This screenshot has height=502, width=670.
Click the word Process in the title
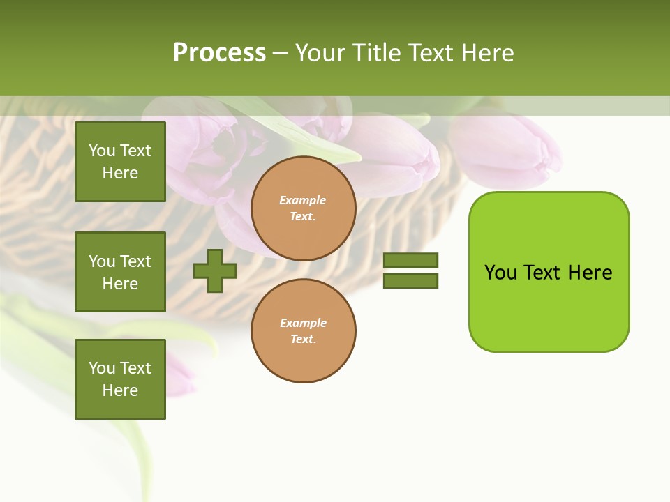pos(219,53)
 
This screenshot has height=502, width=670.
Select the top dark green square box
pos(120,162)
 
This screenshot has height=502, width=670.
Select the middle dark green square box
pos(120,272)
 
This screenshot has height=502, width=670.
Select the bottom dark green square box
pos(120,379)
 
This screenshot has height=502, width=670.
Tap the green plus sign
pos(215,271)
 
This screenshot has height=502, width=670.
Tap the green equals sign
pos(410,271)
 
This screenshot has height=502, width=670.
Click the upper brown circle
pos(304,208)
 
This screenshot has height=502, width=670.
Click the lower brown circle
pos(304,331)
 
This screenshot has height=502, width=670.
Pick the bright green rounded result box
pos(549,272)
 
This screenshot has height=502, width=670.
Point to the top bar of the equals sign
pos(410,260)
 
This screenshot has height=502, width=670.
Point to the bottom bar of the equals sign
pos(410,281)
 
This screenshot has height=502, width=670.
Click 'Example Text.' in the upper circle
pos(303,208)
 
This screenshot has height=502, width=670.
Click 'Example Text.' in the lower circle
pos(303,331)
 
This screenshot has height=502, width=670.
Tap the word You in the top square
pos(102,151)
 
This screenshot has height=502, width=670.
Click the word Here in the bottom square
pos(120,390)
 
